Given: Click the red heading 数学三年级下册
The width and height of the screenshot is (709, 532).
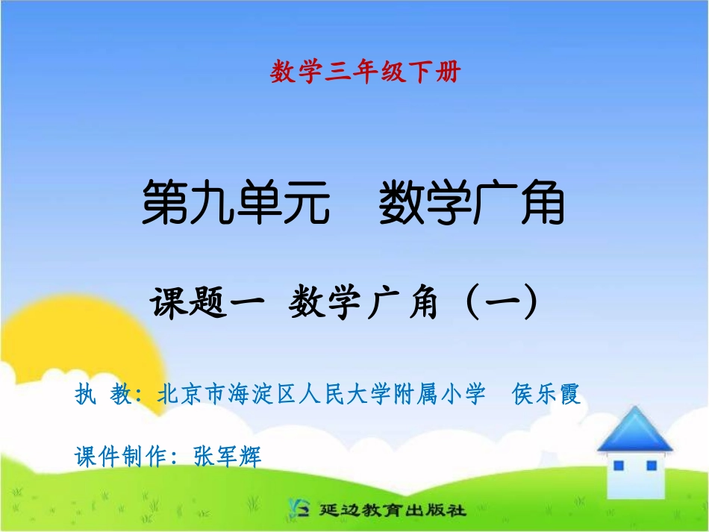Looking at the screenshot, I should (365, 72).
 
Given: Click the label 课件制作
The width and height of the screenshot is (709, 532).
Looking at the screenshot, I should (119, 456).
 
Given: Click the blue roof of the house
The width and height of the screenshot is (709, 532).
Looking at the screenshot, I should (634, 431).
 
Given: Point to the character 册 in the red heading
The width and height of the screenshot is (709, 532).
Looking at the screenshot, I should (450, 72).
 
